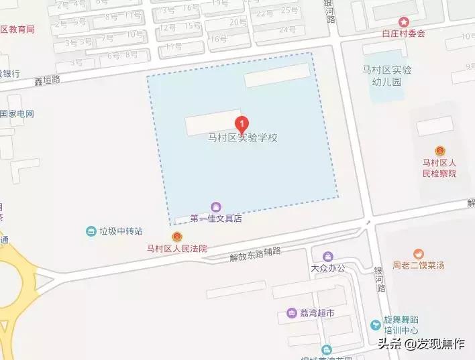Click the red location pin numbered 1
tap(242, 124)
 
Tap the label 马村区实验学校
tap(242, 138)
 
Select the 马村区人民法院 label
tap(177, 249)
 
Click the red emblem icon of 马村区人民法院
tap(176, 237)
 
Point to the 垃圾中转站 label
tap(121, 231)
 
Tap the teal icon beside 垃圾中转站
tap(91, 231)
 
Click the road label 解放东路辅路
tap(255, 251)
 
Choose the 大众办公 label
tap(327, 268)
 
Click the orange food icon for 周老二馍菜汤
tap(419, 253)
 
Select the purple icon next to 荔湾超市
tap(292, 312)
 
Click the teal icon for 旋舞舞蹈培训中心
tap(376, 325)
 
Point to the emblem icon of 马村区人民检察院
tap(439, 151)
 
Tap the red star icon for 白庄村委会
tap(403, 21)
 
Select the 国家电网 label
tap(16, 114)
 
